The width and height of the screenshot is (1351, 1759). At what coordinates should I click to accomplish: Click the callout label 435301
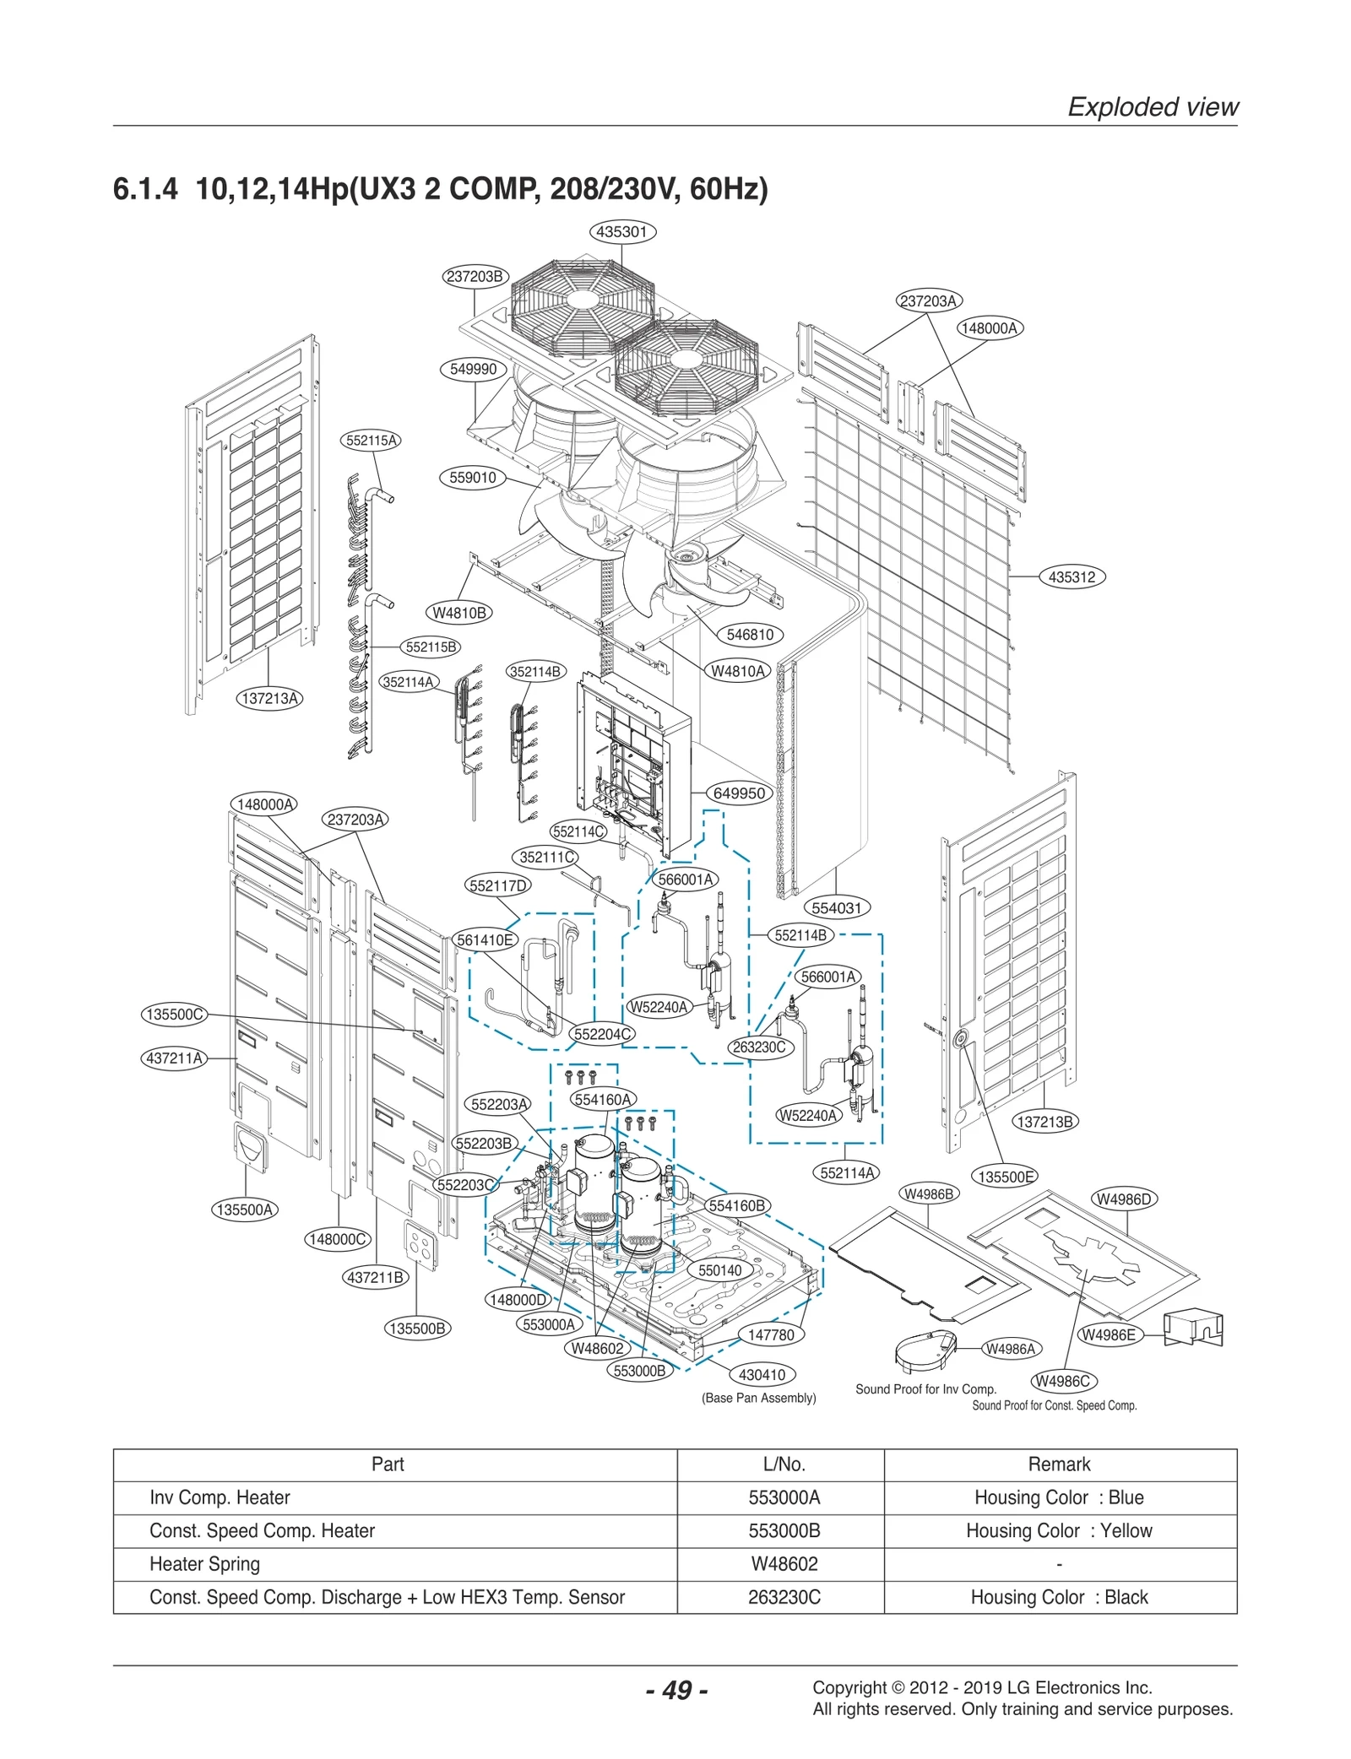point(621,231)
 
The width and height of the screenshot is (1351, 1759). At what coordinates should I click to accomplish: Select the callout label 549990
point(473,369)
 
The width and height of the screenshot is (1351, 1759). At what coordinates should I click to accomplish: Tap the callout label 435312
point(1071,577)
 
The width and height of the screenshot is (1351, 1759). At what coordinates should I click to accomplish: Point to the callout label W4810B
point(458,613)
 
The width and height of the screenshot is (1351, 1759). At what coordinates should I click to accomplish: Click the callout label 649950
point(739,793)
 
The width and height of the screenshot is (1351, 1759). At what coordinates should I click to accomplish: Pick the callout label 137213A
point(269,698)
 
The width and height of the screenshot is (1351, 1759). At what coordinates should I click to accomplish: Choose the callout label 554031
point(835,908)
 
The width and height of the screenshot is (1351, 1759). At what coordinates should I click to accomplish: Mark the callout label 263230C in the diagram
point(758,1047)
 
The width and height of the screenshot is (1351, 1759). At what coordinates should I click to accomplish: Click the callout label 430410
point(761,1375)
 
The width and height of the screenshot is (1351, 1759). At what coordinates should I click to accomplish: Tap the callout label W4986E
point(1109,1335)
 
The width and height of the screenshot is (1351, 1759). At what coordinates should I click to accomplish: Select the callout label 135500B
point(416,1329)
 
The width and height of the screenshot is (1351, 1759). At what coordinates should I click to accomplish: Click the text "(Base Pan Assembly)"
point(758,1399)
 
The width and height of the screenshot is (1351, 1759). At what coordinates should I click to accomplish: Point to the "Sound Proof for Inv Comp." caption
point(925,1389)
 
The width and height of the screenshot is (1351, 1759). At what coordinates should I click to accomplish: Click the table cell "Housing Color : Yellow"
point(1059,1531)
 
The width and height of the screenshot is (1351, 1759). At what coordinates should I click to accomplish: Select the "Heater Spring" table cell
point(204,1564)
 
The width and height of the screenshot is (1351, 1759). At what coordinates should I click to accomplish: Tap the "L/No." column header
point(784,1464)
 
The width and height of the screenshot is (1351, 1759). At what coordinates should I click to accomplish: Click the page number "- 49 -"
point(676,1691)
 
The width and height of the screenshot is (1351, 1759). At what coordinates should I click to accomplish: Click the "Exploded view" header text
point(1153,106)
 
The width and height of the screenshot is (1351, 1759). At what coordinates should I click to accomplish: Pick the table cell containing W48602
point(784,1564)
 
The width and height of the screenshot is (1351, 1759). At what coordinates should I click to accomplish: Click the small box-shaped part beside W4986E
point(1193,1329)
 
